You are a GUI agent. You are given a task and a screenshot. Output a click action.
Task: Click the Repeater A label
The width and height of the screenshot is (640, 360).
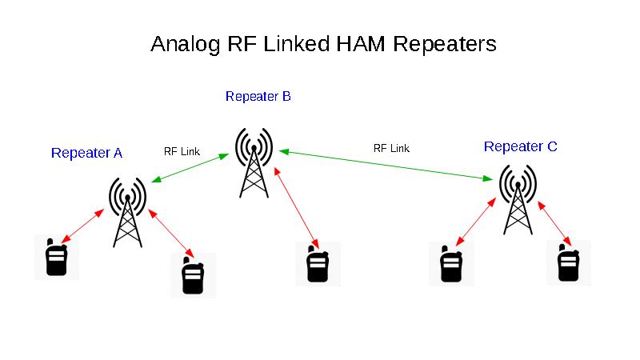coord(86,153)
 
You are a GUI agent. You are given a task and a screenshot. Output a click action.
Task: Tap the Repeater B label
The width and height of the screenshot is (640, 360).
coord(258,97)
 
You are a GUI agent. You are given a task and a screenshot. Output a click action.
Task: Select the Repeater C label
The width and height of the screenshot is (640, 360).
coord(520,146)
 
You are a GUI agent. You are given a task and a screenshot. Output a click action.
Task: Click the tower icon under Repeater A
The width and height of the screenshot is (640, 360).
coord(127,212)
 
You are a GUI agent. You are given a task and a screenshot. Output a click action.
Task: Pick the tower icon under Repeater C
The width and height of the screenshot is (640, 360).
coord(518,198)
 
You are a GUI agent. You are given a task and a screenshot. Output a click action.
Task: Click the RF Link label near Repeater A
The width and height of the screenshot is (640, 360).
coord(182,150)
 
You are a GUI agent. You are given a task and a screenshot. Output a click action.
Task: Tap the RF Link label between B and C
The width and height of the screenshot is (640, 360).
coord(391,148)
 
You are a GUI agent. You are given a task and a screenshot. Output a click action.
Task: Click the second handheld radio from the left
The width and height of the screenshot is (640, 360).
coord(192,275)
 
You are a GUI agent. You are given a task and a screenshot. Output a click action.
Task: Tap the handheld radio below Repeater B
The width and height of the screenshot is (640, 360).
coord(318,264)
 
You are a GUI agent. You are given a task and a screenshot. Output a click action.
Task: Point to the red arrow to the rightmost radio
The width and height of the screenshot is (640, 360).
coord(555,224)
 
